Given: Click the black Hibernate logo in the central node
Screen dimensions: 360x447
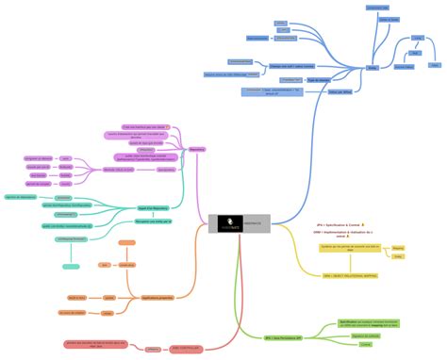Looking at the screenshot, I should click(x=225, y=222).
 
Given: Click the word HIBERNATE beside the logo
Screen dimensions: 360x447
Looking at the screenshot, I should click(x=255, y=222).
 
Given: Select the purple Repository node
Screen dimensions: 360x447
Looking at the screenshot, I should click(x=196, y=149).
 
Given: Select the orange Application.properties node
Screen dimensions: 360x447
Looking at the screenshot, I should click(x=158, y=297).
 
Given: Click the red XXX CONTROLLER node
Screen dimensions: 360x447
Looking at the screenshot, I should click(x=187, y=348).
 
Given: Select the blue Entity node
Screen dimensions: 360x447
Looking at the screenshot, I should click(x=371, y=68).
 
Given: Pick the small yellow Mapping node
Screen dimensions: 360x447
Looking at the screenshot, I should click(x=399, y=248).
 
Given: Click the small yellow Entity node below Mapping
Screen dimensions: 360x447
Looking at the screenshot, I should click(x=399, y=257).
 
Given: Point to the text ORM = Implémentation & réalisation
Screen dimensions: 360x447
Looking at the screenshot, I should click(x=343, y=233).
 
